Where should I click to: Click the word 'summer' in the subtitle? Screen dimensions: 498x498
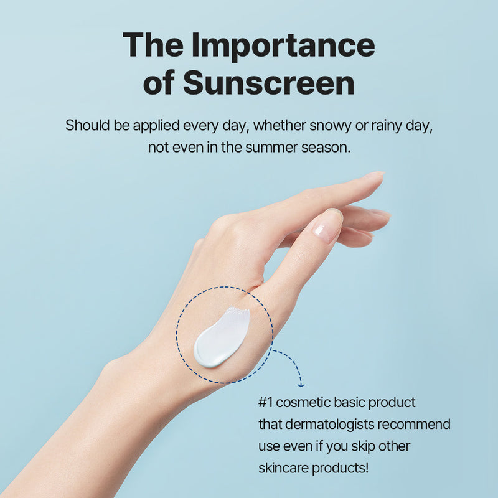click(x=269, y=149)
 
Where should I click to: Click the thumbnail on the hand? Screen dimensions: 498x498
click(x=327, y=225)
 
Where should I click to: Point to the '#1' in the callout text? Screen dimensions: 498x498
click(x=266, y=403)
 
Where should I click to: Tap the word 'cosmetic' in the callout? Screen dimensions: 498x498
click(x=303, y=403)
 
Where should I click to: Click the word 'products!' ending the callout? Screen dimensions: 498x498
click(x=342, y=467)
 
